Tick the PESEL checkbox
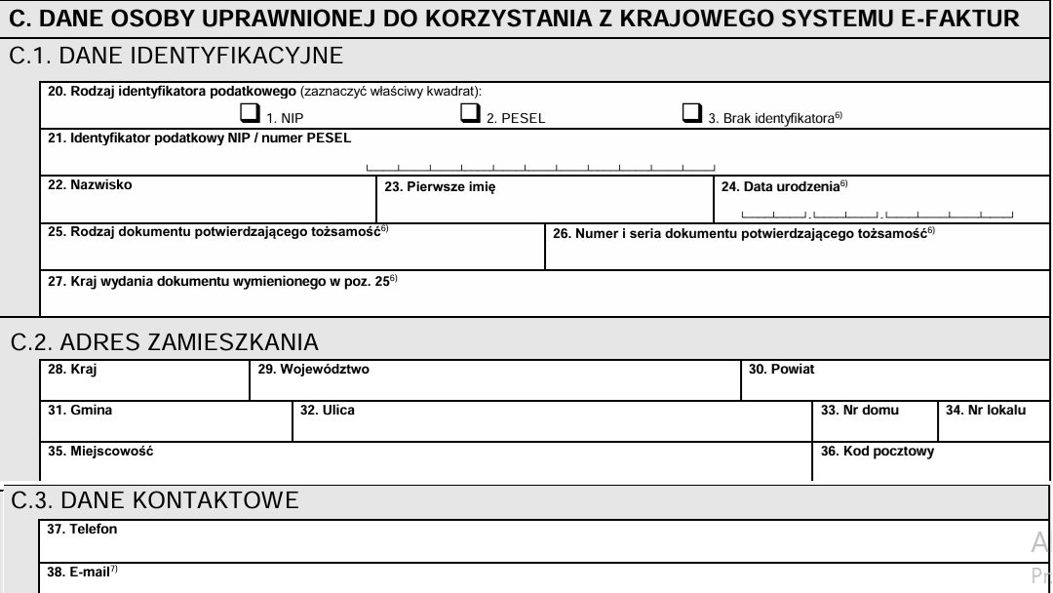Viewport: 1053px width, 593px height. [x=469, y=114]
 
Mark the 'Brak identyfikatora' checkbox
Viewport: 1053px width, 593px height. [x=691, y=114]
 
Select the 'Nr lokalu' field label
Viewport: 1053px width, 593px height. [x=985, y=411]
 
